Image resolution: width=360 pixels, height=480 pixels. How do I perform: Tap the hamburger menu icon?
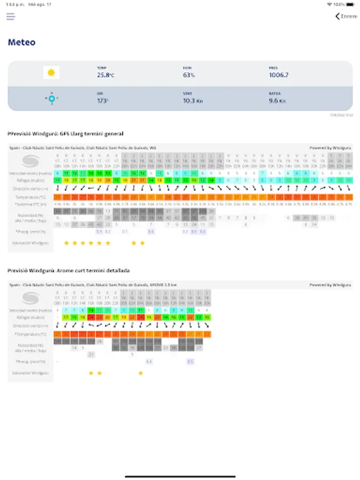tap(11, 17)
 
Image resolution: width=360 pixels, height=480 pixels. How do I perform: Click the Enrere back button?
tap(346, 17)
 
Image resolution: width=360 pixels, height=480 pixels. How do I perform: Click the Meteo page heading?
tap(21, 42)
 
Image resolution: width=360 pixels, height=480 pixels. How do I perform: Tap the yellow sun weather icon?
tap(51, 73)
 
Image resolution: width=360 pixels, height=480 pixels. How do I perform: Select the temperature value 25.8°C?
tap(105, 75)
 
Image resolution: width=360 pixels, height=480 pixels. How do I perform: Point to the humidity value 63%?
tap(189, 75)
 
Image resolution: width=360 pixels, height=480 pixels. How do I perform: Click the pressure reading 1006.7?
tap(278, 75)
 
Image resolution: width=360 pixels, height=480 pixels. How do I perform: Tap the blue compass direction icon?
tap(51, 98)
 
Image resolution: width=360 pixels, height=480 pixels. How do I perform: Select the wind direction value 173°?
tap(103, 100)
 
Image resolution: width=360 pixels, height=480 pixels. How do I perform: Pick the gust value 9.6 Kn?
tap(277, 100)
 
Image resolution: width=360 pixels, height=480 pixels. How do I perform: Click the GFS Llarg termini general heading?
tap(66, 133)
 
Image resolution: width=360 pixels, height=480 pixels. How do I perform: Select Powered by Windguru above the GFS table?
tap(331, 147)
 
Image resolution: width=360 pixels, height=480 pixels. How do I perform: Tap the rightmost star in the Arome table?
tap(141, 373)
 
